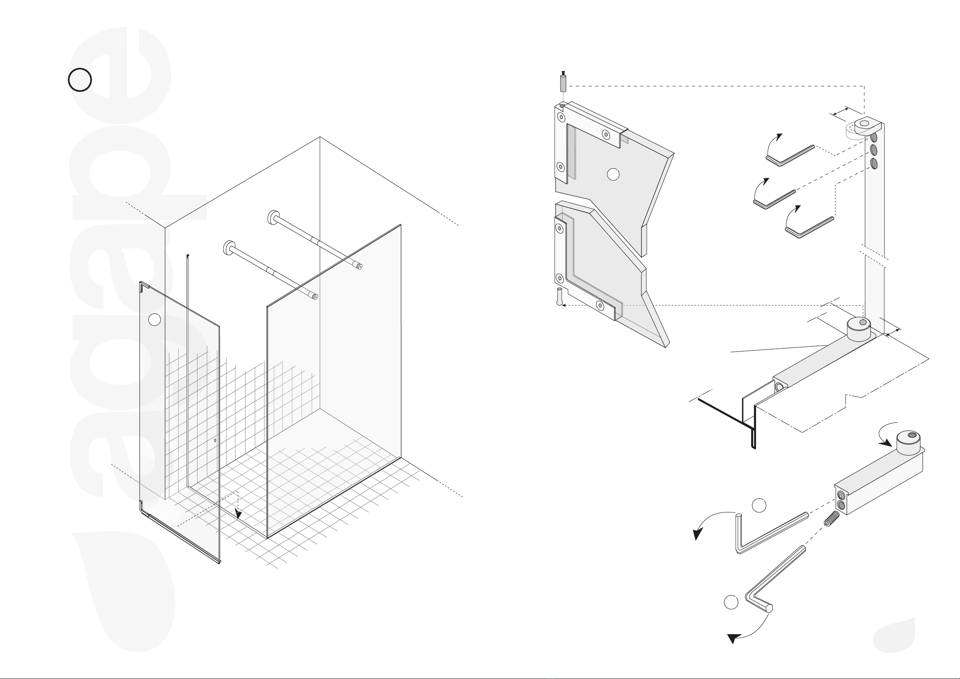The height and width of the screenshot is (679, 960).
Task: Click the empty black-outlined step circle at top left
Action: (79, 80)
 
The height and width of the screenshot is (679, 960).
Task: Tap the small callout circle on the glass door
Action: (154, 320)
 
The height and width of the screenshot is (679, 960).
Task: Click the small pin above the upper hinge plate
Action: (563, 82)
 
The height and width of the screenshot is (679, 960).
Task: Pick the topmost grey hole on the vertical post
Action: (873, 138)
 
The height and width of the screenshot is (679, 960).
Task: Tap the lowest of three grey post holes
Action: (873, 163)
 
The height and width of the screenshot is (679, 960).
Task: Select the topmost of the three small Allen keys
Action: (790, 156)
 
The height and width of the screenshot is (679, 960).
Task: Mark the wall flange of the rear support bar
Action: (273, 217)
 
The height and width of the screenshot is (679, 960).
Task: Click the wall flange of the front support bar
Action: (229, 248)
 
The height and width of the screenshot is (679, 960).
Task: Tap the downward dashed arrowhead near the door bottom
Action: (238, 514)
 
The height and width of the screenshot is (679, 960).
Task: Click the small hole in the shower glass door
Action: (215, 440)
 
